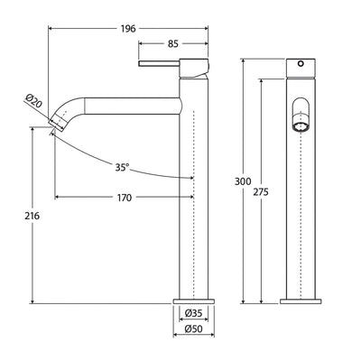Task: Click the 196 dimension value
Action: point(128,29)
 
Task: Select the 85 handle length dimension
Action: point(173,44)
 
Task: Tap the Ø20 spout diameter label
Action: point(33,102)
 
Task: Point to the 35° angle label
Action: point(122,167)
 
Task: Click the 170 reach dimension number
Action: point(125,198)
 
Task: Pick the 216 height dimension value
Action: point(32,216)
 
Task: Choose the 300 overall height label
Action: point(243,181)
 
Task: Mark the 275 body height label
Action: point(261,192)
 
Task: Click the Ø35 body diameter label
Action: point(193,313)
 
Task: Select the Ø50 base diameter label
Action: point(194,329)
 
